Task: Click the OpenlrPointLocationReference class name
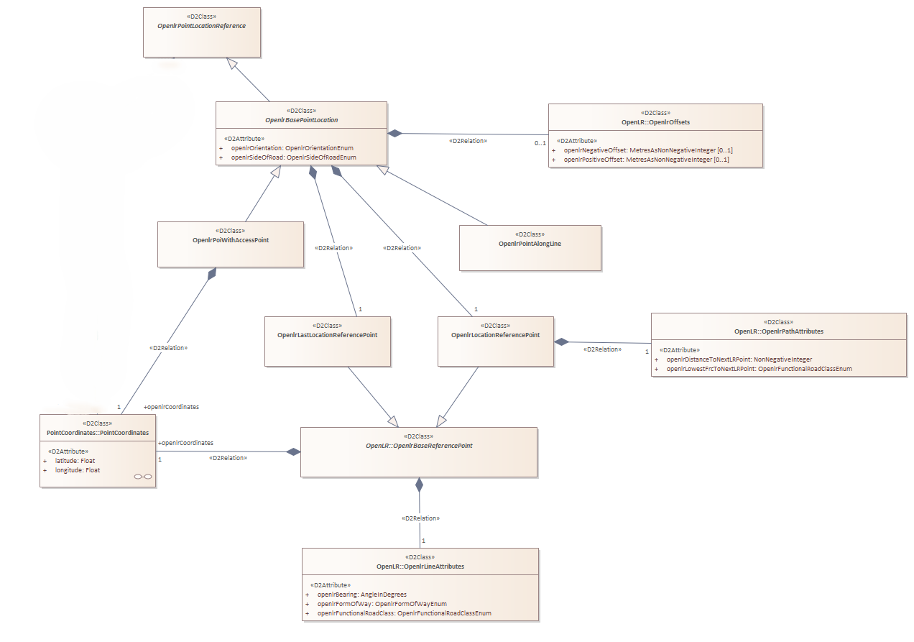click(202, 26)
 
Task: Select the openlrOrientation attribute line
click(292, 148)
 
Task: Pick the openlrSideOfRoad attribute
click(293, 157)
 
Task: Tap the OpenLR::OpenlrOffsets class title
click(655, 122)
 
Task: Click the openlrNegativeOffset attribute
click(648, 150)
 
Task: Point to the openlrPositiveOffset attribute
click(646, 160)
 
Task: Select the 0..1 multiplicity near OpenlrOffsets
click(540, 143)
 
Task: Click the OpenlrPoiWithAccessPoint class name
click(231, 240)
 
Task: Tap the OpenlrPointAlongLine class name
click(530, 244)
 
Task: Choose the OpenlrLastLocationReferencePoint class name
click(327, 335)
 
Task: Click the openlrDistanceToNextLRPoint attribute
click(739, 359)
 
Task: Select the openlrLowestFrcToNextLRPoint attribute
click(759, 369)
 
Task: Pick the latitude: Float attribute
click(75, 461)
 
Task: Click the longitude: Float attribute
click(78, 470)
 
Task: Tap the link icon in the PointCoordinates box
click(143, 477)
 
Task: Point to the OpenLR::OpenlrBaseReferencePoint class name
click(419, 446)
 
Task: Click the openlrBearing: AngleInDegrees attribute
click(362, 595)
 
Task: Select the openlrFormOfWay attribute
click(382, 604)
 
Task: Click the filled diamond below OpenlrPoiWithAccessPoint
click(212, 274)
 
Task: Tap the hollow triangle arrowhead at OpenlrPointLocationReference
click(232, 63)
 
